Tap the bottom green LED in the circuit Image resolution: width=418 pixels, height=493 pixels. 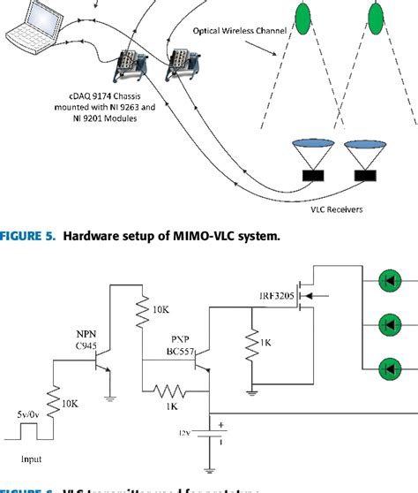(x=388, y=365)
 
